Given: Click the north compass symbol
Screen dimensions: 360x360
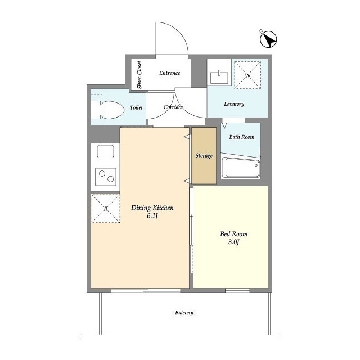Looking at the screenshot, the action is [x=268, y=39].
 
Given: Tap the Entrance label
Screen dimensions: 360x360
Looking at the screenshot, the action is [x=169, y=73].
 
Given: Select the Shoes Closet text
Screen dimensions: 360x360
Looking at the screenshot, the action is [x=139, y=75].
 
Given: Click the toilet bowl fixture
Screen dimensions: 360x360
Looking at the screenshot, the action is [x=107, y=110].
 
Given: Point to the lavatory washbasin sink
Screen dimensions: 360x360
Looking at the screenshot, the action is [x=219, y=76].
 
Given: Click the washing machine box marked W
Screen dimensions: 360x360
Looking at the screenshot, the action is [x=247, y=75].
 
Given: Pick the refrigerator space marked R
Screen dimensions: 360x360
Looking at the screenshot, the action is [x=106, y=209].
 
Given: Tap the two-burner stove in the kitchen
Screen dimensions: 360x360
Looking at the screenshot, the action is [x=106, y=177].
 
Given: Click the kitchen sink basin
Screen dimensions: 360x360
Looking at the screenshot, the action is [x=105, y=151].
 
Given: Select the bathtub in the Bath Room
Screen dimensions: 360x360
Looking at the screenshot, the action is [x=241, y=167].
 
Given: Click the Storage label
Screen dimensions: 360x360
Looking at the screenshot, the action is [x=204, y=156].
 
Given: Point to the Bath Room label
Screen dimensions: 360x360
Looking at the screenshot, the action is [x=242, y=137].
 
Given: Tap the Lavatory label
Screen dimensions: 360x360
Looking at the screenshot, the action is [x=234, y=103].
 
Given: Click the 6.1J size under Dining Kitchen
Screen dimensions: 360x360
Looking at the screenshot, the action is [x=152, y=216].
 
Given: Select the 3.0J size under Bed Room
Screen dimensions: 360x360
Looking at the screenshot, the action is [x=234, y=242].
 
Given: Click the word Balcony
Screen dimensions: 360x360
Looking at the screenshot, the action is [x=184, y=313].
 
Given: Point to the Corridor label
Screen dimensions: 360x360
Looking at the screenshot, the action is [x=173, y=107].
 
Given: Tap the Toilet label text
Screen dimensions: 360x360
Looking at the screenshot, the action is [x=136, y=107].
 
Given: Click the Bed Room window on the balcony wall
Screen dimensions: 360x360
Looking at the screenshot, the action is [x=237, y=290].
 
